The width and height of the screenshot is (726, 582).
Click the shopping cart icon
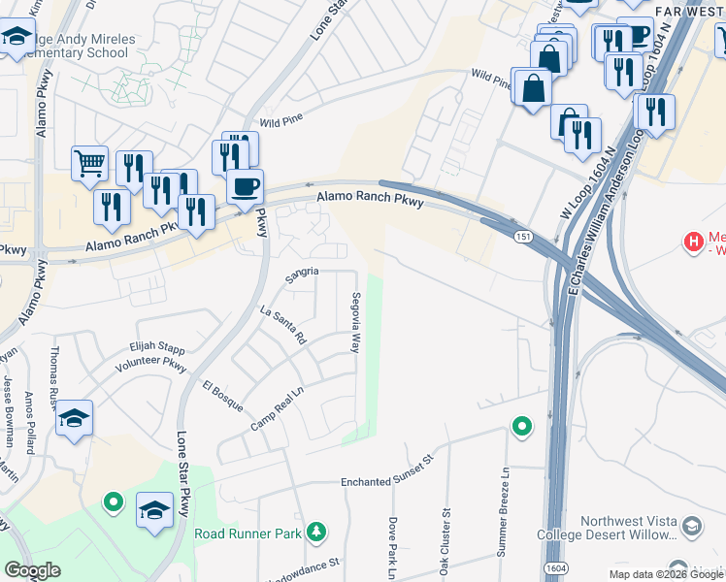click(x=89, y=164)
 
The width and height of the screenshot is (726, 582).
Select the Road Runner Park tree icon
click(x=315, y=532)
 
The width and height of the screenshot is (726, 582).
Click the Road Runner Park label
click(x=249, y=533)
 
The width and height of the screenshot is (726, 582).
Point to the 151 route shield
click(x=523, y=237)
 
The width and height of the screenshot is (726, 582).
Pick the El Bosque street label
click(x=220, y=395)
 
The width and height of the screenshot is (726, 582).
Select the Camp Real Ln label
click(x=279, y=409)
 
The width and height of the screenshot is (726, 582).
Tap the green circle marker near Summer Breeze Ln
click(x=522, y=426)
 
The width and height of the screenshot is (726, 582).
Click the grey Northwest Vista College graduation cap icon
click(x=691, y=527)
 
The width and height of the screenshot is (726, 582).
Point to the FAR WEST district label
click(x=690, y=11)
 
